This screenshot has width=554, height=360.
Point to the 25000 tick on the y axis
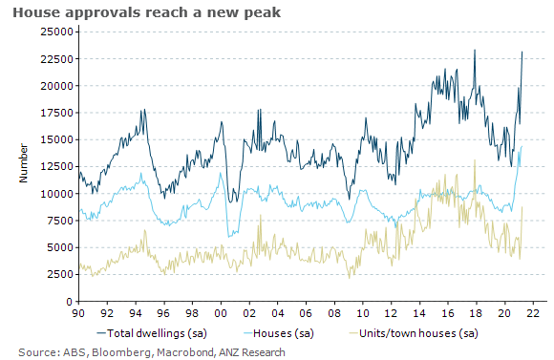pyautogui.click(x=54, y=32)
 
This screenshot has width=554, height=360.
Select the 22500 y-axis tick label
pyautogui.click(x=54, y=58)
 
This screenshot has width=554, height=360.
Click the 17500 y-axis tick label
pyautogui.click(x=54, y=113)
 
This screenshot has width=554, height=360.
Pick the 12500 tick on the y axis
pyautogui.click(x=54, y=166)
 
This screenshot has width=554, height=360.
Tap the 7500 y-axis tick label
pyautogui.click(x=57, y=221)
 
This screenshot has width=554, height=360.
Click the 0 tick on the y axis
pyautogui.click(x=69, y=301)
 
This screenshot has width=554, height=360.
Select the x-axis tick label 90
pyautogui.click(x=79, y=312)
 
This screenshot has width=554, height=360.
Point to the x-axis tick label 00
pyautogui.click(x=221, y=312)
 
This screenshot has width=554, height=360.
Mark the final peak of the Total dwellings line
pyautogui.click(x=522, y=52)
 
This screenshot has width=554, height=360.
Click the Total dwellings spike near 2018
pyautogui.click(x=475, y=50)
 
